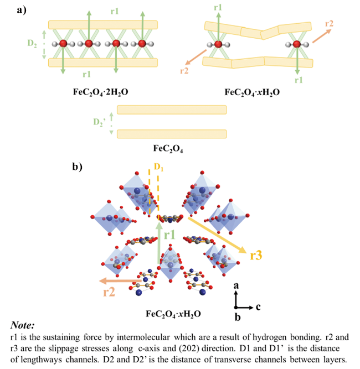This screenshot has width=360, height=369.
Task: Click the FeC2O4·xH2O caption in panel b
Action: (x=173, y=314)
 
